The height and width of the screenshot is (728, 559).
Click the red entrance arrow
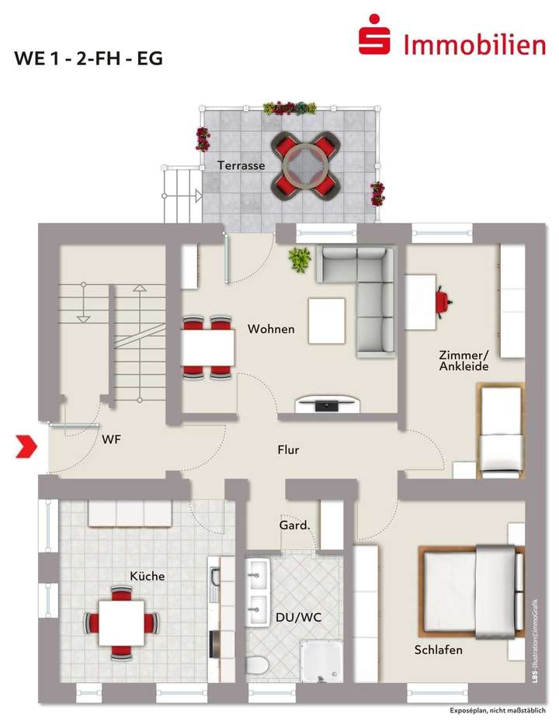[x=28, y=445]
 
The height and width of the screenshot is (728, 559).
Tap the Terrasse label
[x=241, y=165]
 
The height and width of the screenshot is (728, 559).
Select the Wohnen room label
[x=271, y=329]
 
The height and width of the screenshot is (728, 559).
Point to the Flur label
[x=288, y=449]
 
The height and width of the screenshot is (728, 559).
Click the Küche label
[x=147, y=576]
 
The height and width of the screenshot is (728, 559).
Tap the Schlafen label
[x=439, y=650]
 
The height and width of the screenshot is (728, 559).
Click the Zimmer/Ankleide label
[x=464, y=360]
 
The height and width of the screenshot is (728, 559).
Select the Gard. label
[x=295, y=525]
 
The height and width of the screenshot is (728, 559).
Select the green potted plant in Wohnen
[x=299, y=259]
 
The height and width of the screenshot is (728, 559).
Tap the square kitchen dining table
[x=121, y=622]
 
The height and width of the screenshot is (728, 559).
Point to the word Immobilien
[x=474, y=43]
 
